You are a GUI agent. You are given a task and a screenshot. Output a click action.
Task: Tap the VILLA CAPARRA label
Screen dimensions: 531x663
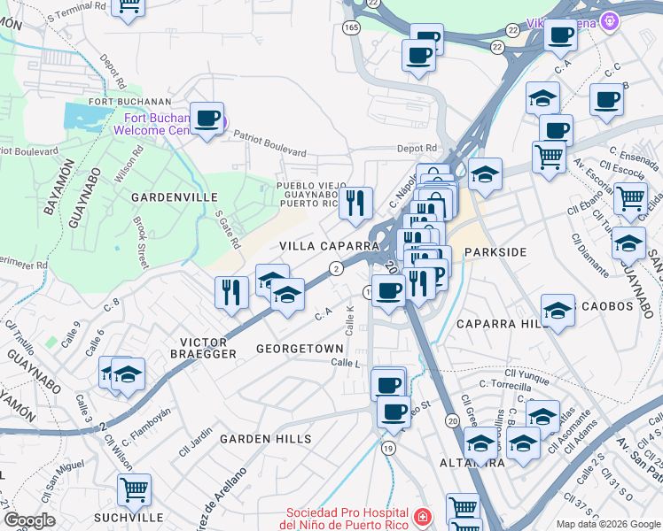pyautogui.click(x=330, y=245)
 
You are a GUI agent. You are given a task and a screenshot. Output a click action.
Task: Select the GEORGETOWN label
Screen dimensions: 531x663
pyautogui.click(x=300, y=349)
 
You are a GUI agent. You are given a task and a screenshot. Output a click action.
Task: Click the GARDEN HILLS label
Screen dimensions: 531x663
pyautogui.click(x=266, y=439)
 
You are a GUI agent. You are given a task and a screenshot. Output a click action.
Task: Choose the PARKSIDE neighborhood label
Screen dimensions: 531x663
pyautogui.click(x=495, y=252)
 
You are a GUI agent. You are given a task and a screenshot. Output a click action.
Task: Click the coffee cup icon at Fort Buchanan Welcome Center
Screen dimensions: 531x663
pyautogui.click(x=207, y=118)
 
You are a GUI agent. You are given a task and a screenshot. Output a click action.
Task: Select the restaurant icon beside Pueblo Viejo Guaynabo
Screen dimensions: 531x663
pyautogui.click(x=355, y=203)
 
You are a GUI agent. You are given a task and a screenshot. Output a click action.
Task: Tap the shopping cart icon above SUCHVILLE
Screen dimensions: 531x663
pyautogui.click(x=134, y=489)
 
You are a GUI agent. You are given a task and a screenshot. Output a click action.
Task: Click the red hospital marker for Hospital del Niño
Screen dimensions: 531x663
pyautogui.click(x=423, y=517)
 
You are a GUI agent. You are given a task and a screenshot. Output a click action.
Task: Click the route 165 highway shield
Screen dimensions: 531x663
pyautogui.click(x=352, y=28)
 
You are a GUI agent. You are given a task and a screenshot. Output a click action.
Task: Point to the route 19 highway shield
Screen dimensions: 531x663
pyautogui.click(x=388, y=450)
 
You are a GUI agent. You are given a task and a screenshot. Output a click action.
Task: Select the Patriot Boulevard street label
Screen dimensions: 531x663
pyautogui.click(x=269, y=144)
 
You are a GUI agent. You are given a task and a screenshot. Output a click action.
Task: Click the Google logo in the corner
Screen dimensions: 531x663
pyautogui.click(x=29, y=520)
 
